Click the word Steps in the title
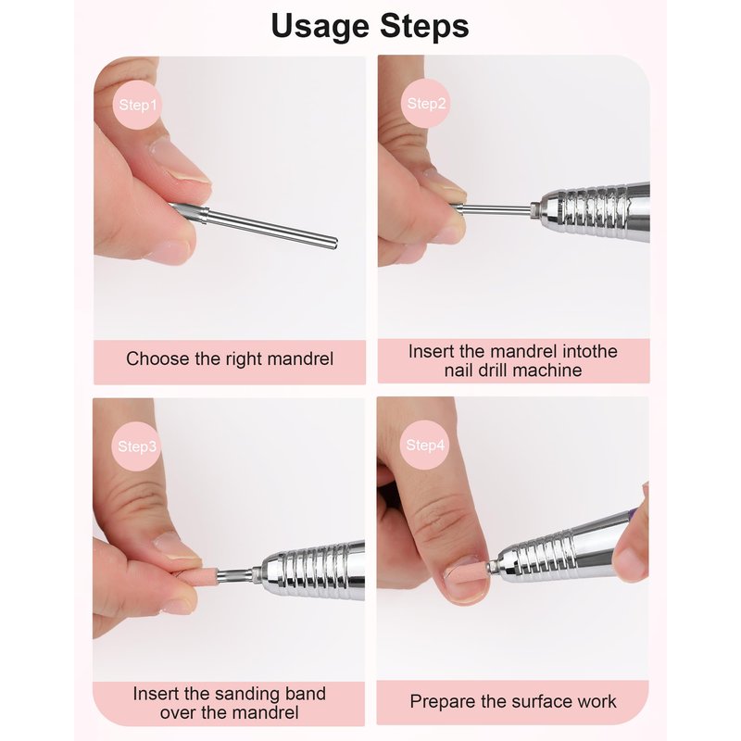pos(424,26)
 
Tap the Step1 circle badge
pos(137,105)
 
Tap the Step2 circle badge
pos(426,103)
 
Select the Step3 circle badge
pos(136,446)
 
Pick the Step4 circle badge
pos(425,445)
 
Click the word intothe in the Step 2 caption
pos(590,351)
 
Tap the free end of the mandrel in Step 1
pos(335,243)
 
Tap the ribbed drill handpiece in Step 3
pos(312,571)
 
